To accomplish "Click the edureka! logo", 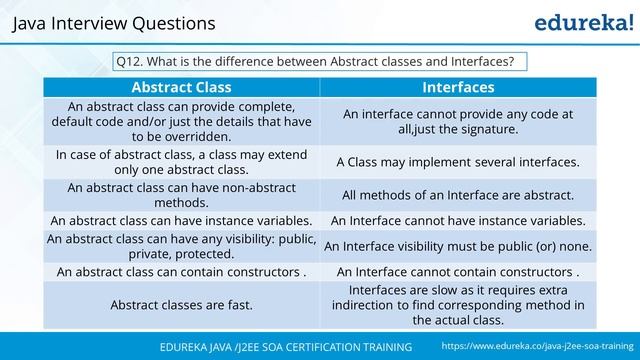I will [x=572, y=22].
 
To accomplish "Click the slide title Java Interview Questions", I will [x=114, y=22].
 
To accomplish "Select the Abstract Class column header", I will [x=181, y=87].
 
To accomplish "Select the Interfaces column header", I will [x=457, y=87].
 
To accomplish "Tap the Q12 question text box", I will [x=319, y=61].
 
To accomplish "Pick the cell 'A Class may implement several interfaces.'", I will [x=457, y=161].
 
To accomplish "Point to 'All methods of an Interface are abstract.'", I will [x=457, y=195].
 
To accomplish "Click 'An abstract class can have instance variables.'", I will [x=181, y=220].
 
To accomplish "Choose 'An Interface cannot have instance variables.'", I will [x=457, y=220].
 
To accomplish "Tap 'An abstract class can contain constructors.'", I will [x=181, y=271].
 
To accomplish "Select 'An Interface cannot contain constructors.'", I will [x=457, y=271].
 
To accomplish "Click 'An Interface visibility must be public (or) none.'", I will [x=457, y=246].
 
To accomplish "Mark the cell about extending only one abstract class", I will [x=181, y=162].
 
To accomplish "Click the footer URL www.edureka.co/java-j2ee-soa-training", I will [x=538, y=345].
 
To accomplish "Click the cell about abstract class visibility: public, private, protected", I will [x=181, y=246].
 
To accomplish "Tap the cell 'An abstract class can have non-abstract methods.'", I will [x=181, y=195].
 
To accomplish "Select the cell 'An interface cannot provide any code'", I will [x=457, y=121].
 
